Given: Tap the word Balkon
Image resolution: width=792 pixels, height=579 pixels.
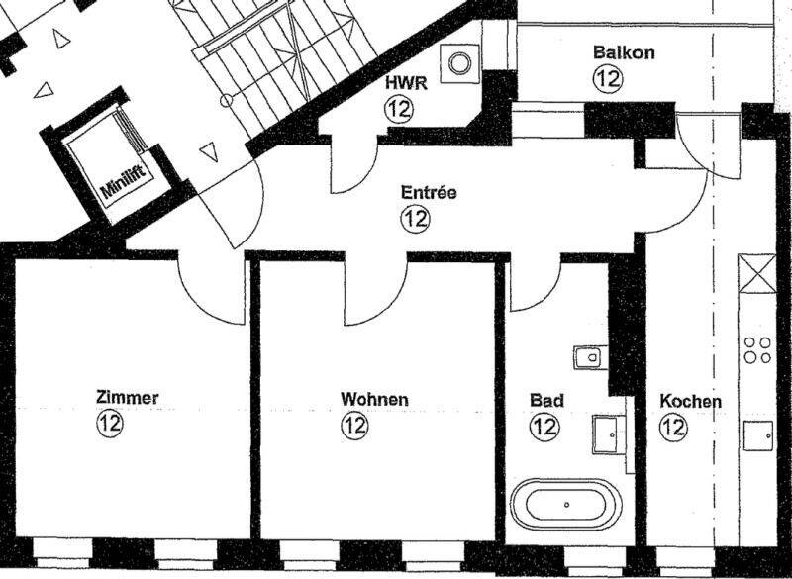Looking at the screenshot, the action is [624, 52].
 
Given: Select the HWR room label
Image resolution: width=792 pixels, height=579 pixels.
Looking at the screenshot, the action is [406, 83].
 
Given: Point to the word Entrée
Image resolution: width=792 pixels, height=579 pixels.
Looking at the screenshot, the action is [429, 192].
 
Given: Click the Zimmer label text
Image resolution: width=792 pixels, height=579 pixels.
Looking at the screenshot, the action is [128, 398].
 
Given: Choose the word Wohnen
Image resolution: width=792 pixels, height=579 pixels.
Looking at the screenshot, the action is [374, 399].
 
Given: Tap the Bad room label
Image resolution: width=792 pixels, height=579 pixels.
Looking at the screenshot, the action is [546, 400].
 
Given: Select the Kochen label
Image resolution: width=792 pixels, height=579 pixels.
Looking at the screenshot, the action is [690, 402].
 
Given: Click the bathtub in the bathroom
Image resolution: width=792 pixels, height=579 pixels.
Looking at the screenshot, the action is [565, 505].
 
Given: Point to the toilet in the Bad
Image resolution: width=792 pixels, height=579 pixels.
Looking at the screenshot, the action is [590, 358].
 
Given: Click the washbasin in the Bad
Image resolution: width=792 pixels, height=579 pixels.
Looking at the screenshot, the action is [609, 434].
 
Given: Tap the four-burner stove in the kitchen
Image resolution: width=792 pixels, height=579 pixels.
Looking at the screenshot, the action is [757, 349].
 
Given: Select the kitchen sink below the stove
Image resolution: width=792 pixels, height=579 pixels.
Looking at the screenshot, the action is [758, 435].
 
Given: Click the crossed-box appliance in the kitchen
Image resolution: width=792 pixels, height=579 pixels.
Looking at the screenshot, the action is [756, 273].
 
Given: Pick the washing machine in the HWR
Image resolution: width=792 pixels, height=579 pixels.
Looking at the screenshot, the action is [459, 63].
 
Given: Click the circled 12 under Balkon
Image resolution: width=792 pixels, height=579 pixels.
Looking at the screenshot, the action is [608, 78].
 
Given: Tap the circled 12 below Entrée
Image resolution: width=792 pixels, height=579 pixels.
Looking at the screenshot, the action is [415, 219].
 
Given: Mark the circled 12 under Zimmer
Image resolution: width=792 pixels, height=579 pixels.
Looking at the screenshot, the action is [110, 423].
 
